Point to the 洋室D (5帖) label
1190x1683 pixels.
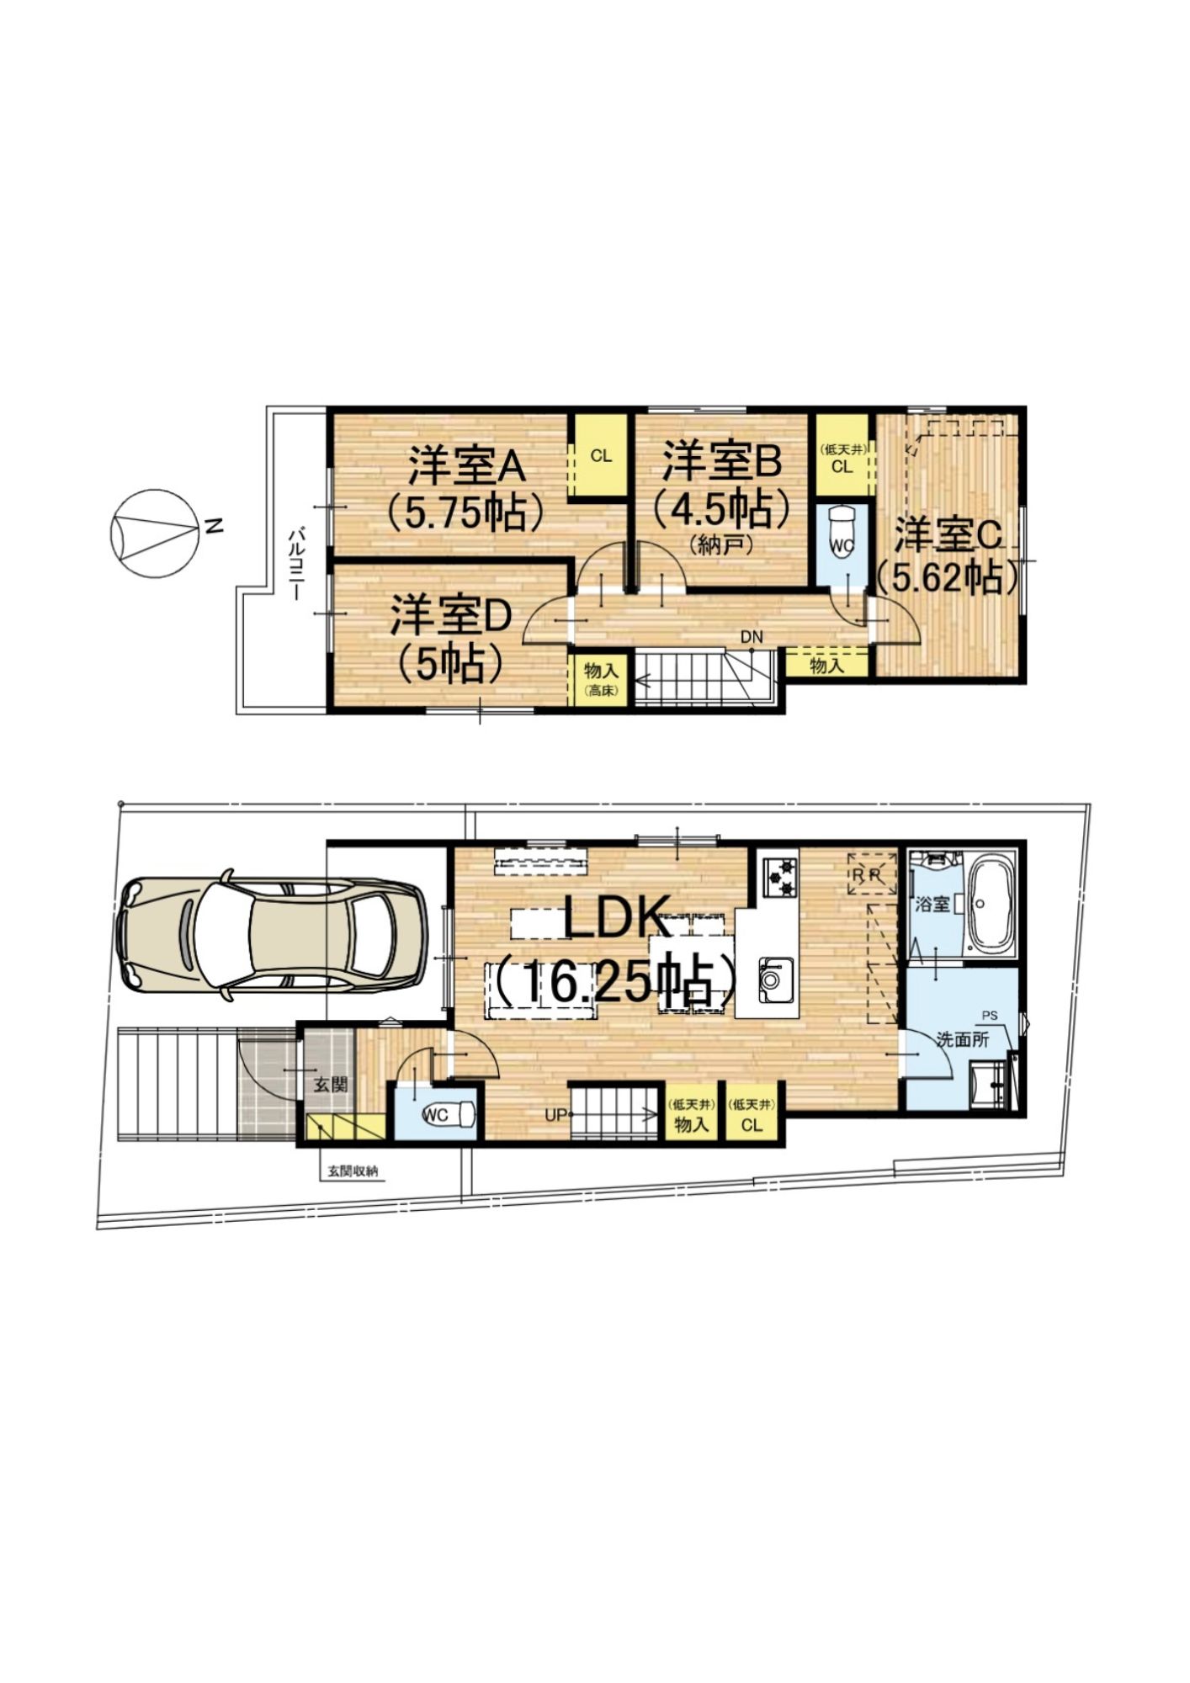(450, 639)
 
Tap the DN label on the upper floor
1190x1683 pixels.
(752, 637)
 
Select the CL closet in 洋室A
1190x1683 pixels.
(600, 456)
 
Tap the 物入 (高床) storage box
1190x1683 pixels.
(601, 681)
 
